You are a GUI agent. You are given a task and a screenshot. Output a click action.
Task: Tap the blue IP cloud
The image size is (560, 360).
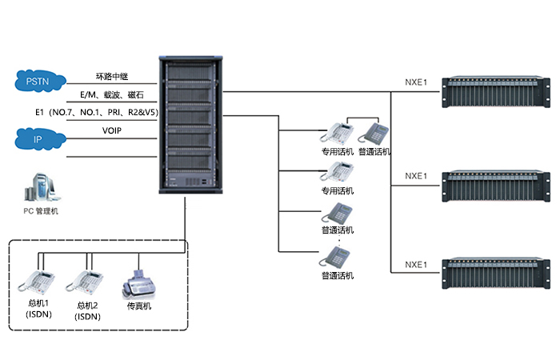[x=38, y=138]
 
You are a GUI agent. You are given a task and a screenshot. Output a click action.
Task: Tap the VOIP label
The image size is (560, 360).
[x=112, y=130]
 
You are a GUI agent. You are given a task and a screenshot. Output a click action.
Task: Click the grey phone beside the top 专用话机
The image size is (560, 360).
[x=373, y=134]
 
